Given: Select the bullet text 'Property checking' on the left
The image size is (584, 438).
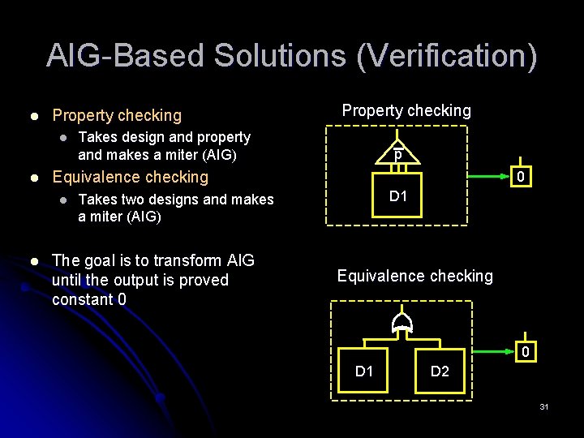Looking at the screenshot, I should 117,115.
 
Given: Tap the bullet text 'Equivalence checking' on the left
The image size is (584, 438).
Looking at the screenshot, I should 130,177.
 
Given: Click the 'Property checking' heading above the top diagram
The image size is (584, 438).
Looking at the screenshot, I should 406,110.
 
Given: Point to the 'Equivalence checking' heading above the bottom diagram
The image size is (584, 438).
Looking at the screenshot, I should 414,276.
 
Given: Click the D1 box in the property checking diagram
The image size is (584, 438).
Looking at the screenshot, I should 397,195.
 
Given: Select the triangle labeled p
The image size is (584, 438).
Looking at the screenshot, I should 397,155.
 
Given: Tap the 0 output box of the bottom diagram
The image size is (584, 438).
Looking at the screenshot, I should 525,352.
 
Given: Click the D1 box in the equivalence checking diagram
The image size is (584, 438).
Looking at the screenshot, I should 364,371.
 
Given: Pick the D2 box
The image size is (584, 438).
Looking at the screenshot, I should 439,371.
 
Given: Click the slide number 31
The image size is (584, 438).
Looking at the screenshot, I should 543,406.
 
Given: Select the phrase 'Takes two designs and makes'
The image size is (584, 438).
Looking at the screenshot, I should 175,200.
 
